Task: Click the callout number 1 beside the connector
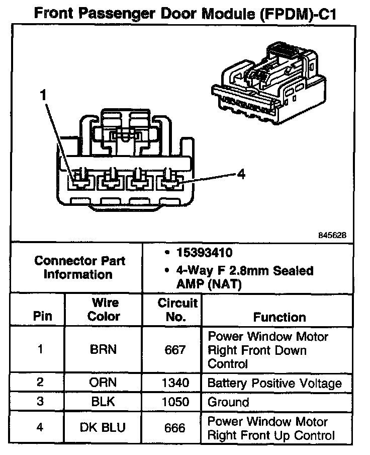click(x=44, y=94)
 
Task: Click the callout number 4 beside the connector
click(x=241, y=174)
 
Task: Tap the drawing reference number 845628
click(x=332, y=235)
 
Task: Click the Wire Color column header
click(x=104, y=310)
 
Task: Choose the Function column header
click(x=279, y=317)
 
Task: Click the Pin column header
click(x=42, y=317)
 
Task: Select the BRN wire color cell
click(x=104, y=350)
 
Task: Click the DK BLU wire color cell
click(x=103, y=428)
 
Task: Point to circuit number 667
click(x=175, y=350)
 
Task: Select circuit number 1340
click(x=175, y=383)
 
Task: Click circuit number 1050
click(x=175, y=402)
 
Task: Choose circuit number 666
click(x=175, y=428)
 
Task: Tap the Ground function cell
click(x=228, y=402)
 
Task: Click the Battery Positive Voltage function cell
click(x=274, y=383)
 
